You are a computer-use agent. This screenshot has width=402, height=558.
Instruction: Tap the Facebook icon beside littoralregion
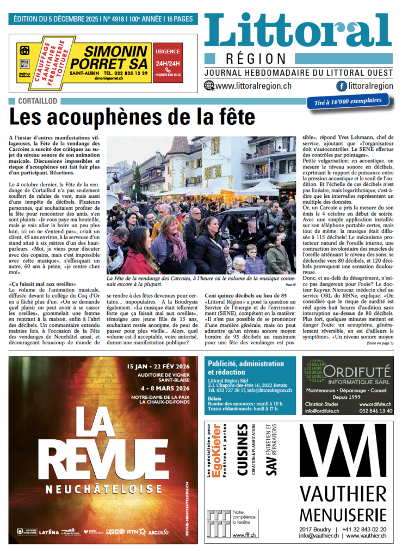(342, 86)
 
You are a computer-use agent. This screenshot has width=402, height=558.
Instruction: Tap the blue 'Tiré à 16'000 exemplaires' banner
(348, 101)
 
